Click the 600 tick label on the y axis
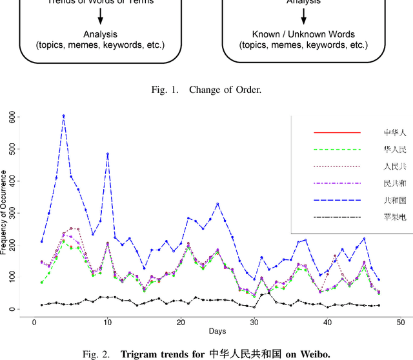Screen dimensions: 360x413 point(12,117)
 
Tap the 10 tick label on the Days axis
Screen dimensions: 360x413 point(107,322)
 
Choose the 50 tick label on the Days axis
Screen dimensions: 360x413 point(401,322)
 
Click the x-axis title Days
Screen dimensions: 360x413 point(217,331)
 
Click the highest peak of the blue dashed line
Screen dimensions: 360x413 point(63,116)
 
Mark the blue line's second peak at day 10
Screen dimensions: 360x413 point(107,154)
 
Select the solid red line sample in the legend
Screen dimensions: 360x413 point(337,133)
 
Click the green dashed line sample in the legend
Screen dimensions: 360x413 point(337,150)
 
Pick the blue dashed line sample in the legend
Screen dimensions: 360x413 point(337,201)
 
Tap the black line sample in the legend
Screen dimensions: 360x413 point(337,218)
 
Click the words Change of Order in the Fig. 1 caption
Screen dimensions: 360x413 point(225,90)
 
